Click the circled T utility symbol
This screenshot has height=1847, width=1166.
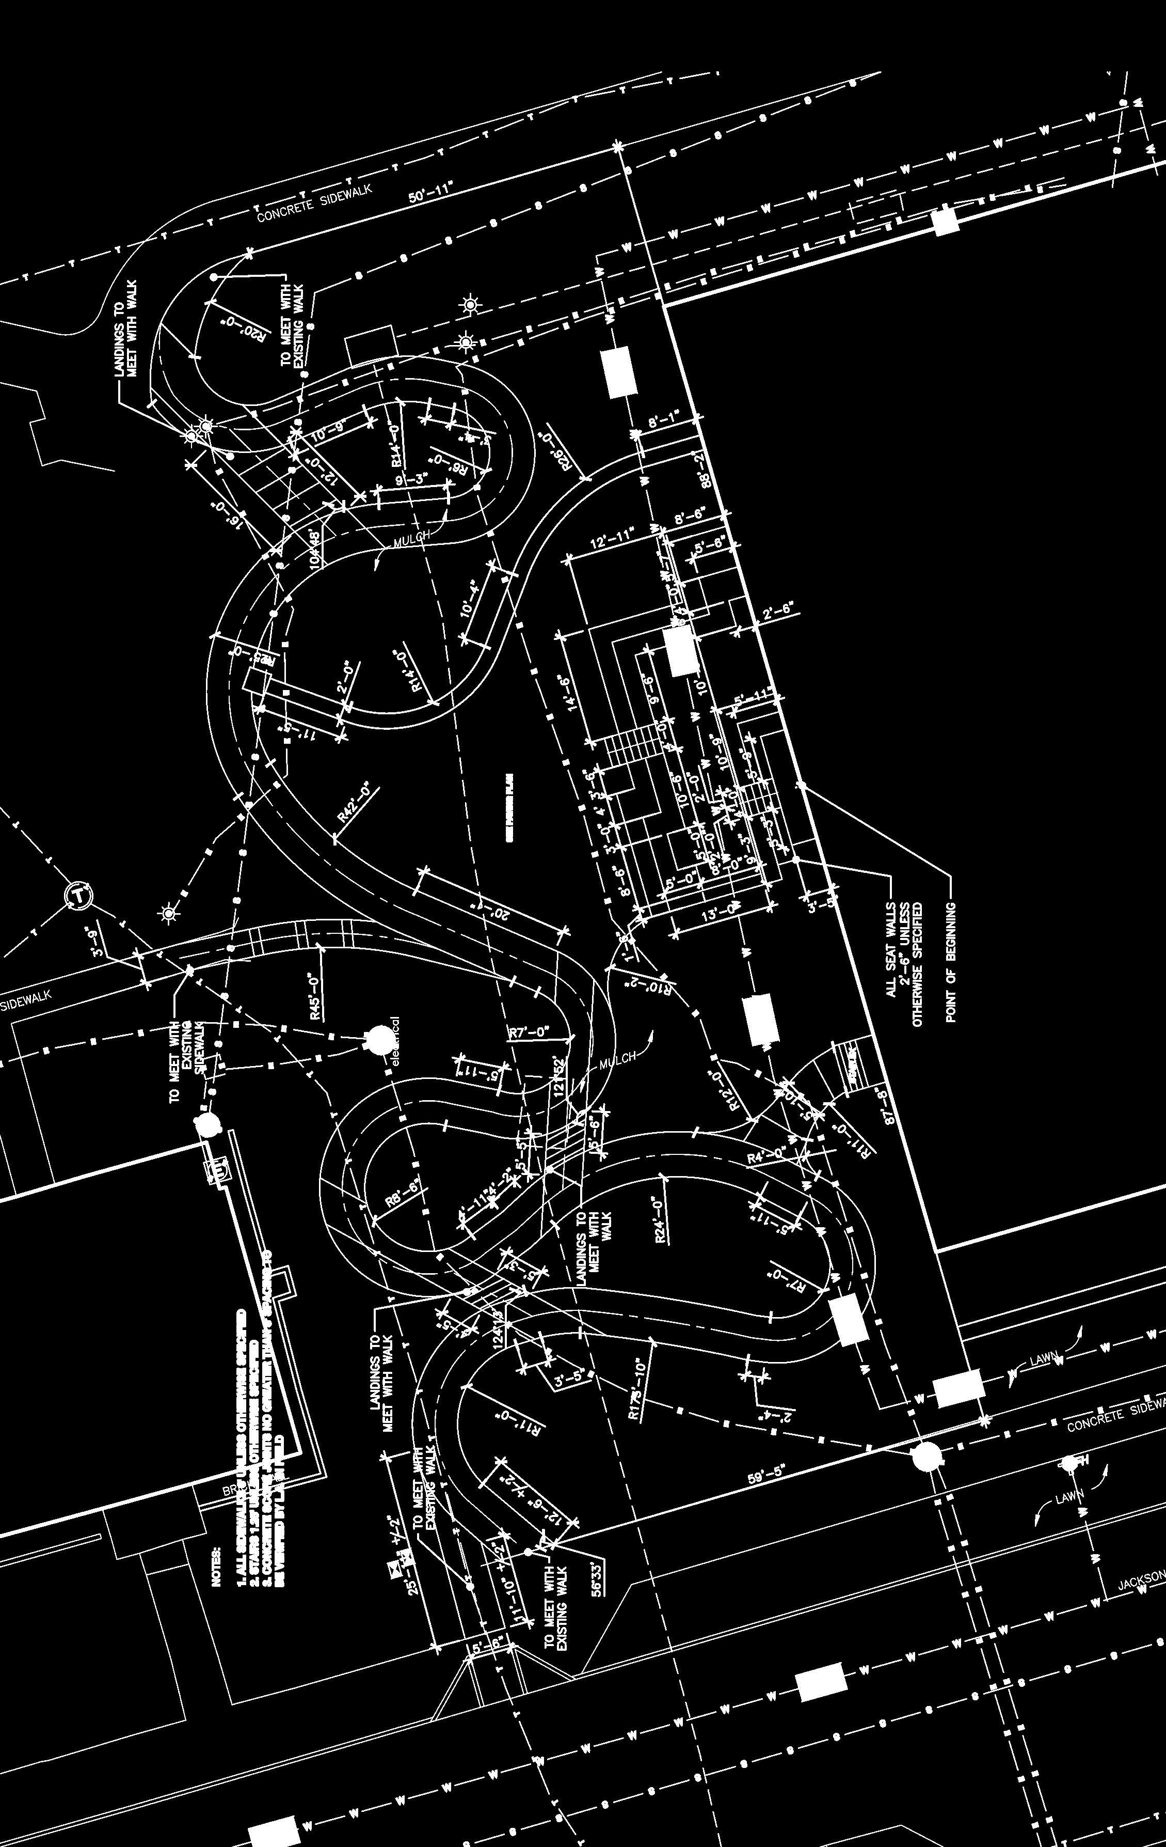[x=79, y=895]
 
